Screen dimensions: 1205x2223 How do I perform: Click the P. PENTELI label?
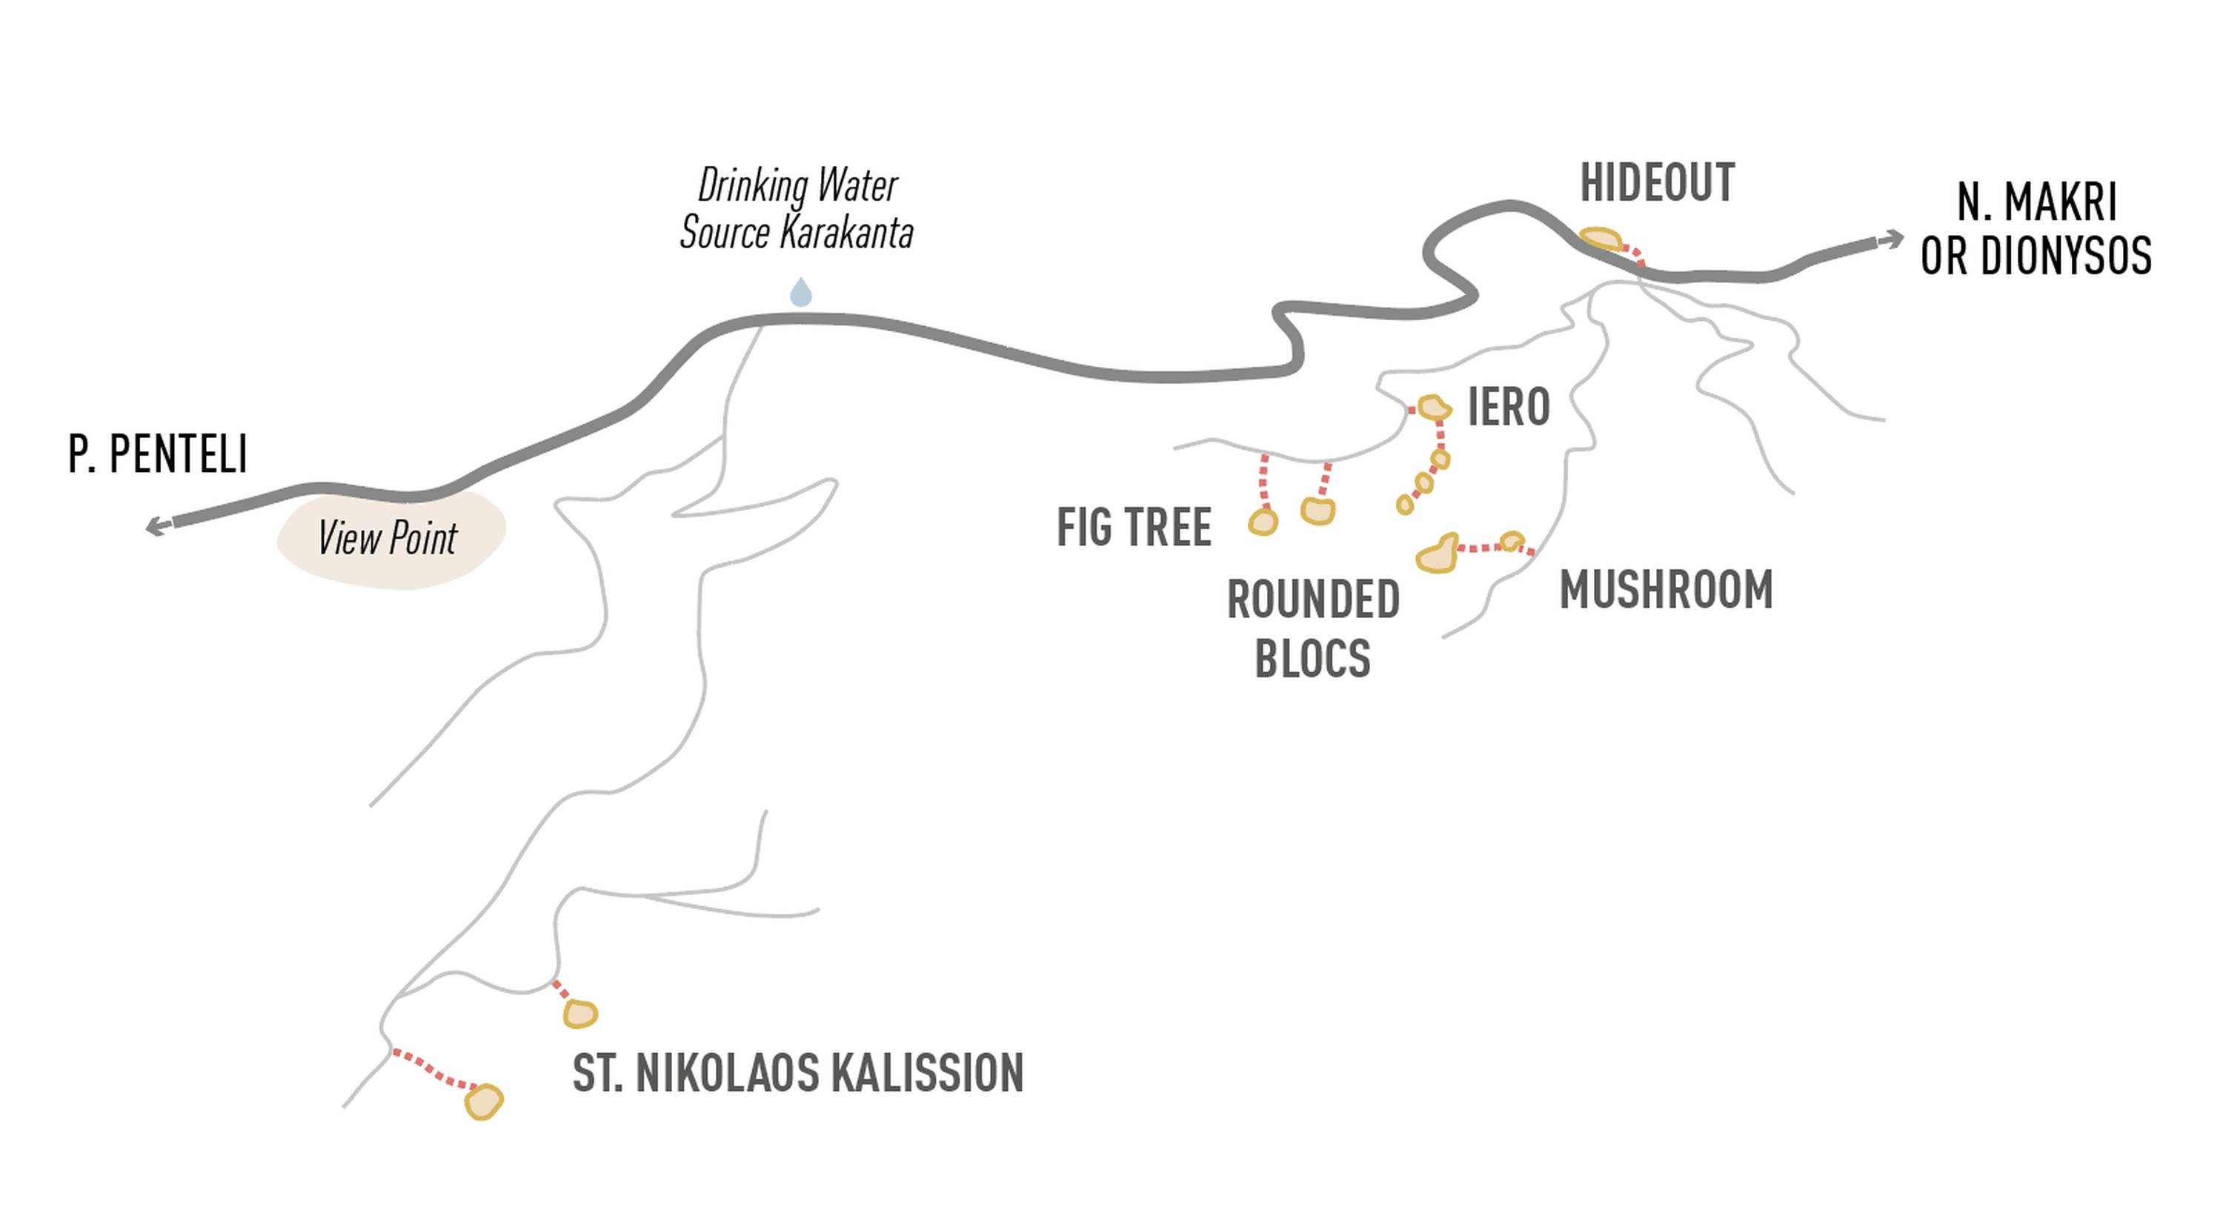(158, 454)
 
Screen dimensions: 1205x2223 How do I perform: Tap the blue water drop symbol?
(801, 293)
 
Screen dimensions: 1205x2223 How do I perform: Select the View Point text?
(388, 538)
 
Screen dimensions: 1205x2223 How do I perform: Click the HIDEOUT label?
(1657, 183)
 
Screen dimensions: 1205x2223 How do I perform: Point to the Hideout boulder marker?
(1601, 238)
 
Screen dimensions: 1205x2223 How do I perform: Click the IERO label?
(1509, 408)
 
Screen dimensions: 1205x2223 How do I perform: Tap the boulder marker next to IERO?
(1433, 408)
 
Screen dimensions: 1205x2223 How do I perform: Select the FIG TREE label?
(1134, 527)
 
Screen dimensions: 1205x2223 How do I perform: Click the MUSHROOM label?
(1666, 591)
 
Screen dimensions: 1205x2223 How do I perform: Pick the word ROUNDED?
(1312, 600)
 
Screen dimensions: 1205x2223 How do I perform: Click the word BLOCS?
(1312, 659)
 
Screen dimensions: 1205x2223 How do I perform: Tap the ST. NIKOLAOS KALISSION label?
(797, 1073)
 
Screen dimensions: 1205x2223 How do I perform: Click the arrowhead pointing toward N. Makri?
(1893, 239)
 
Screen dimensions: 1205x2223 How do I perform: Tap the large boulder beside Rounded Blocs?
(1438, 554)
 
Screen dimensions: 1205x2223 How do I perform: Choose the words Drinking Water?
(797, 185)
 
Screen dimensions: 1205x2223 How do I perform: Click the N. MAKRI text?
(2036, 203)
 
